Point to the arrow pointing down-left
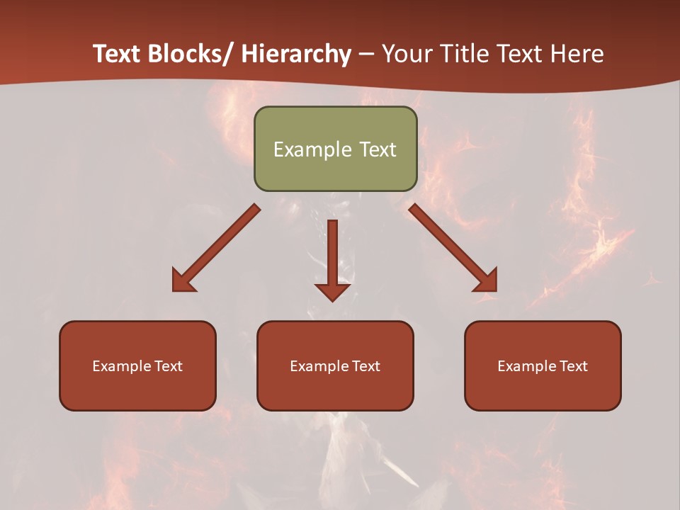(216, 248)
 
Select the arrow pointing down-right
(453, 248)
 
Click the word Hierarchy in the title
(296, 54)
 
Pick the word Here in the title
(578, 54)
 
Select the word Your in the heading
(407, 54)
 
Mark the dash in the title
(366, 54)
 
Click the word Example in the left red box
(122, 366)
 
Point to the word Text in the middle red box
(365, 366)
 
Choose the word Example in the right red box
(527, 366)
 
